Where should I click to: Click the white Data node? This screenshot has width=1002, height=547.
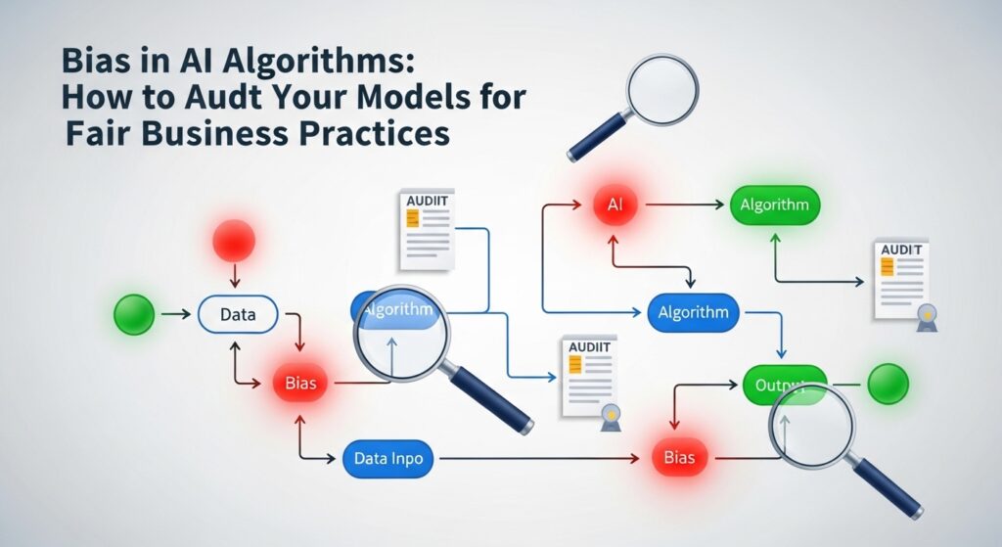point(238,314)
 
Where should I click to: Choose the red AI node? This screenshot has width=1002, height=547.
point(615,205)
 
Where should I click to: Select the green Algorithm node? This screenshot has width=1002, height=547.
point(774,205)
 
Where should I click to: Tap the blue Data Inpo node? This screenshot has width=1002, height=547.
point(389,457)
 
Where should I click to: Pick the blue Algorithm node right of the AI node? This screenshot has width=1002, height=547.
point(693,313)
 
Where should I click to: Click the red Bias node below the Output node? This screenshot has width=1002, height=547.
point(678,457)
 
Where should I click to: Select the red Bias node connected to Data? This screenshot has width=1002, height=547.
point(300,383)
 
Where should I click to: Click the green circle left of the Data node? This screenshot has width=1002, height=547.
point(134,314)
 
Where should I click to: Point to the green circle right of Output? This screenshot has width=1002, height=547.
point(888,383)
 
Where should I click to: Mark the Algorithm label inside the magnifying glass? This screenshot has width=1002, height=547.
point(397,309)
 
